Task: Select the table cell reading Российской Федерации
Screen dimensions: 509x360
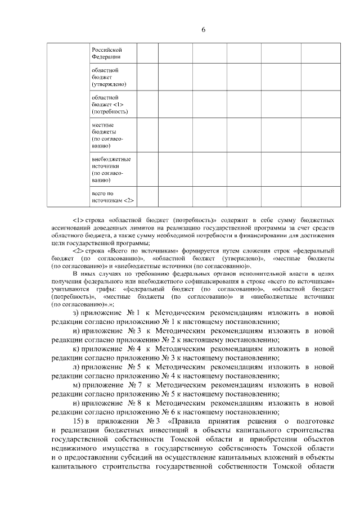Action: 107,53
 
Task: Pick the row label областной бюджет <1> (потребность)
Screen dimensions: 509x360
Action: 107,105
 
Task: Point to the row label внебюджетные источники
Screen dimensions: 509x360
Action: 107,170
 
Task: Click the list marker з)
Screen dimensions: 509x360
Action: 76,313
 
